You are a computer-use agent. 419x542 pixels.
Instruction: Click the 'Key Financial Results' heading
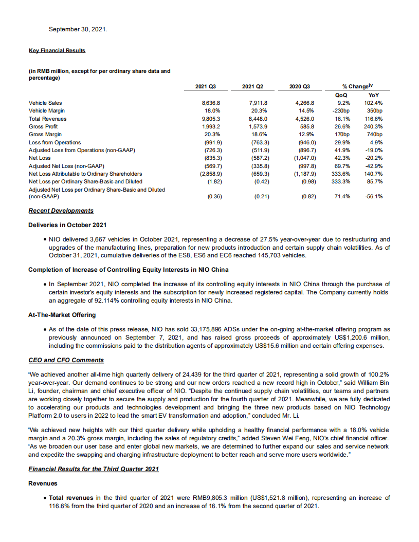coord(57,50)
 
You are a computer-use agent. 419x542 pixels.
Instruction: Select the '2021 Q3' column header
coord(209,86)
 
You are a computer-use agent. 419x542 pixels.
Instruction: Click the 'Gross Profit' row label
coord(43,126)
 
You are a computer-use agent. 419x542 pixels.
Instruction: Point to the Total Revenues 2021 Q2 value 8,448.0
coord(259,119)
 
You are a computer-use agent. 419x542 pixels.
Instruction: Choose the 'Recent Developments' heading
coord(61,211)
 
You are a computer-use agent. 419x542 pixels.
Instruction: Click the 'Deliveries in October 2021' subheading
coord(67,225)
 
